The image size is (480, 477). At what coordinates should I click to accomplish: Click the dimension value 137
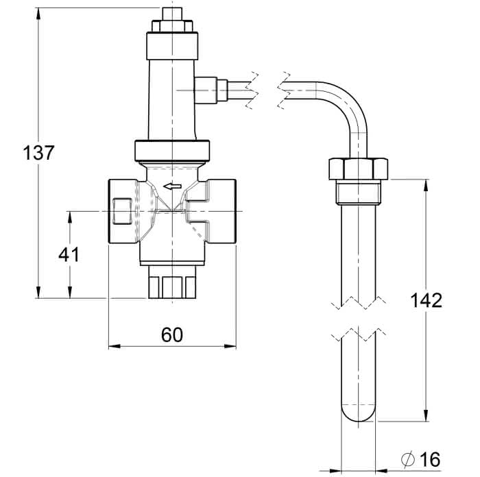click(x=38, y=153)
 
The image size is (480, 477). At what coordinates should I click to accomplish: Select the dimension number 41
click(x=69, y=254)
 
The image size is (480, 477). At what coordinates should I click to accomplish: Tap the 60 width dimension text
click(x=172, y=334)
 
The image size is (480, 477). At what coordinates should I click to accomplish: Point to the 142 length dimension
click(x=426, y=300)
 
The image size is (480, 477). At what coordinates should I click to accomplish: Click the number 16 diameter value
click(x=430, y=459)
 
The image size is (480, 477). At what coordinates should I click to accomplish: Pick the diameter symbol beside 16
click(x=408, y=459)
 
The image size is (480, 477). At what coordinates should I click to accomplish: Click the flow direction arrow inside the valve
click(x=172, y=186)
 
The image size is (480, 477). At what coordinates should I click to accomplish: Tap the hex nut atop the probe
click(x=358, y=169)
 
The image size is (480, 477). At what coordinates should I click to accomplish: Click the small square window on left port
click(x=122, y=211)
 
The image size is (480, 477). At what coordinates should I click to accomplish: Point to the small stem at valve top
click(x=172, y=14)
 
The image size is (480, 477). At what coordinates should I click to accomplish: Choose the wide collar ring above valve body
click(x=172, y=151)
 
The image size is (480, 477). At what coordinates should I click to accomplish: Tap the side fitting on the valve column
click(x=211, y=90)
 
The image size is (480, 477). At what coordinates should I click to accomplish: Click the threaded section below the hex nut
click(x=358, y=192)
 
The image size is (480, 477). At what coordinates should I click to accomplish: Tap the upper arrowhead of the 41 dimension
click(x=70, y=217)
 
